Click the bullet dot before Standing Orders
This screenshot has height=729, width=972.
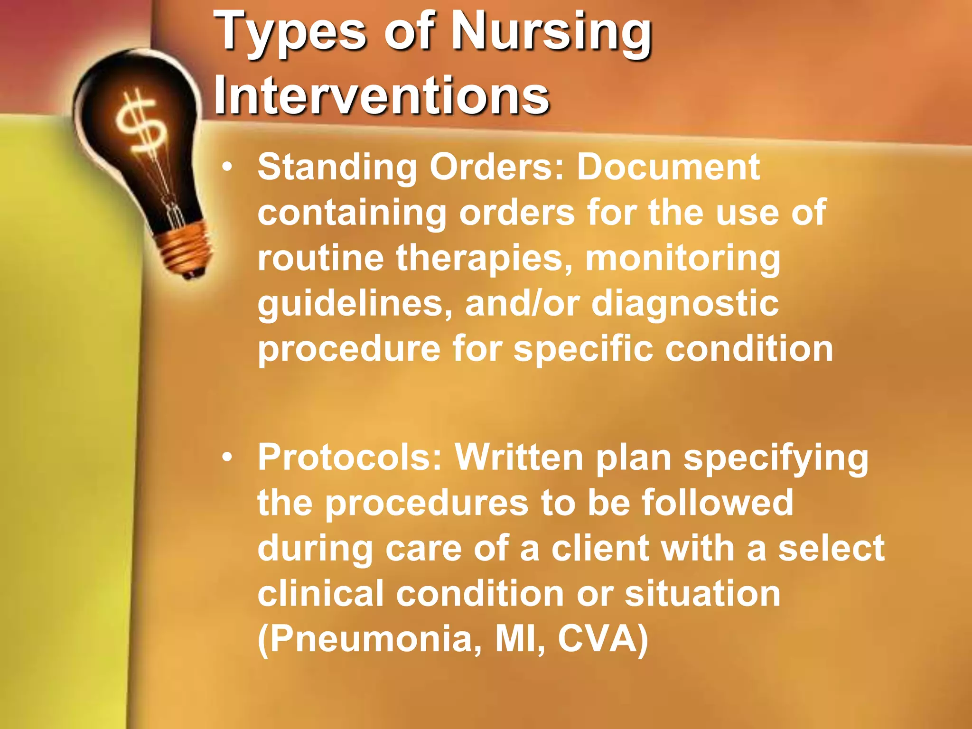pos(228,167)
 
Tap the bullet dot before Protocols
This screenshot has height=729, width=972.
pos(228,458)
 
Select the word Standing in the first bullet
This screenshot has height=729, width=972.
pos(337,167)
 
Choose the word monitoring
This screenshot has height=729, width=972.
pos(682,259)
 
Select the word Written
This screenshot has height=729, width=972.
pos(519,458)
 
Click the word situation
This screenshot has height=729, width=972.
pos(702,593)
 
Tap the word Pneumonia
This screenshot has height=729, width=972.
pos(370,639)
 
